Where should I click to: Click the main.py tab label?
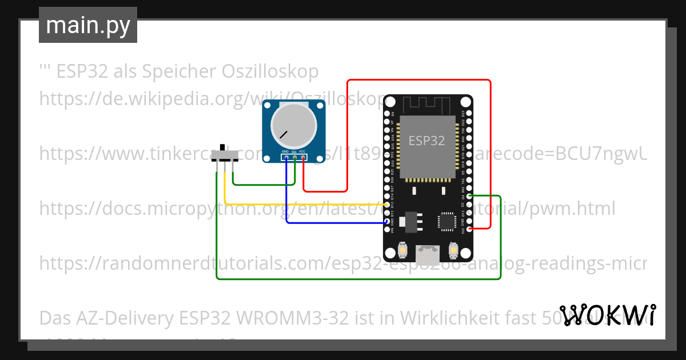coord(87,25)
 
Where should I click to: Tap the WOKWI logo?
coord(608,315)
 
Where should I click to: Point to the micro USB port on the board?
coord(428,255)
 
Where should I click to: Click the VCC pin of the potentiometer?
coord(302,157)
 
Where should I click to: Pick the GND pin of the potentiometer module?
coord(285,157)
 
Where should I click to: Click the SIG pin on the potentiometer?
coord(294,157)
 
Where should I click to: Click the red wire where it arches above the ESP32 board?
coord(417,80)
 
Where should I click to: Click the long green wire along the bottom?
coord(354,279)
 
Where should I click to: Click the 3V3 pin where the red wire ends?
coord(469,229)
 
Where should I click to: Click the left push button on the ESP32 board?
coord(402,250)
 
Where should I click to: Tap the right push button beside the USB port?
coord(453,250)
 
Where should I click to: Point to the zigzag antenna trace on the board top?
coord(428,105)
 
